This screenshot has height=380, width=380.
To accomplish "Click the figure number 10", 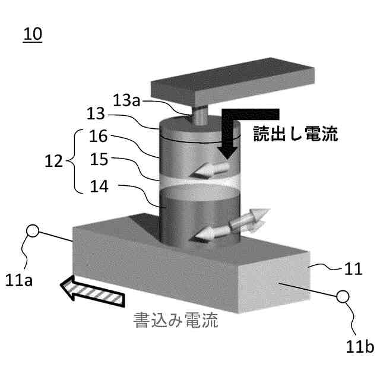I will pyautogui.click(x=32, y=34).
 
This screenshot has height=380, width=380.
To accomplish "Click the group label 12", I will pyautogui.click(x=55, y=161).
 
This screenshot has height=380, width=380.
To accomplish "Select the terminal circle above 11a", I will pyautogui.click(x=33, y=232).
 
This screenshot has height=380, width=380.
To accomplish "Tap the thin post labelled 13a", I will pyautogui.click(x=199, y=113).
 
